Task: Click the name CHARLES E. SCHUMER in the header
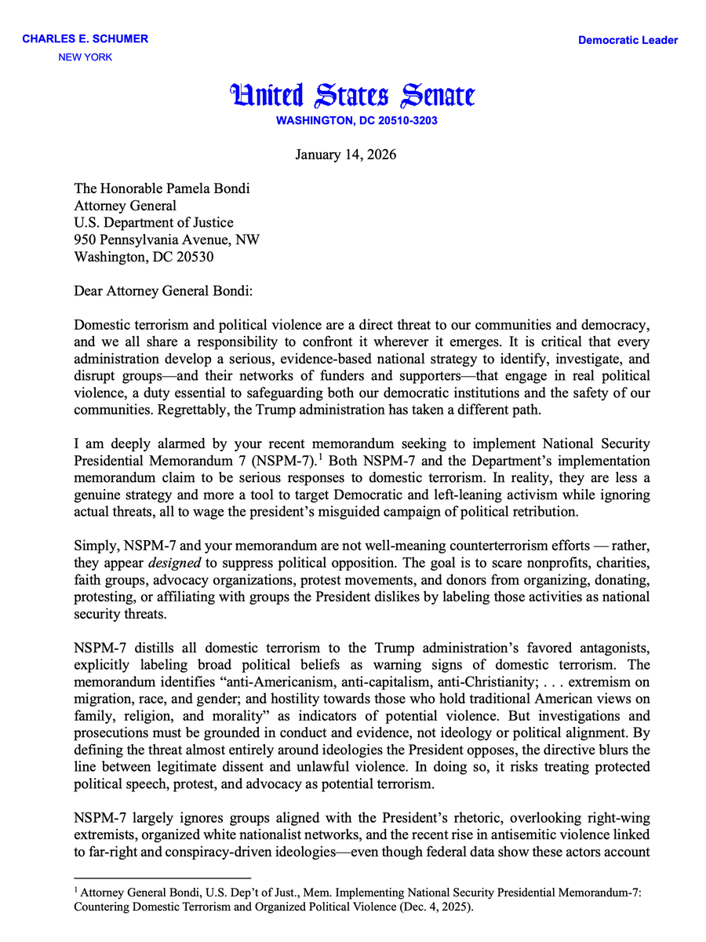pos(85,39)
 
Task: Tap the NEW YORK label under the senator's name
pos(86,57)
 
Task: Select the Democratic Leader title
pos(628,40)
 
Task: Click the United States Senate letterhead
pos(352,96)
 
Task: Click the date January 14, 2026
pos(346,154)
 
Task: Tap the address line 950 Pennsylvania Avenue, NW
pos(167,239)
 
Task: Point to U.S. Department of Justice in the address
pos(154,223)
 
